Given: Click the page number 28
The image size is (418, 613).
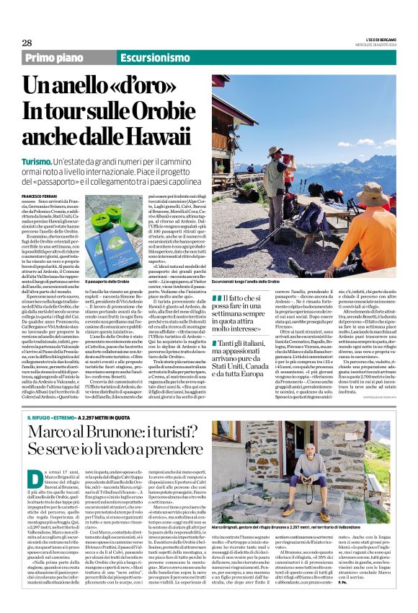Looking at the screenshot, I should (27, 43).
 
